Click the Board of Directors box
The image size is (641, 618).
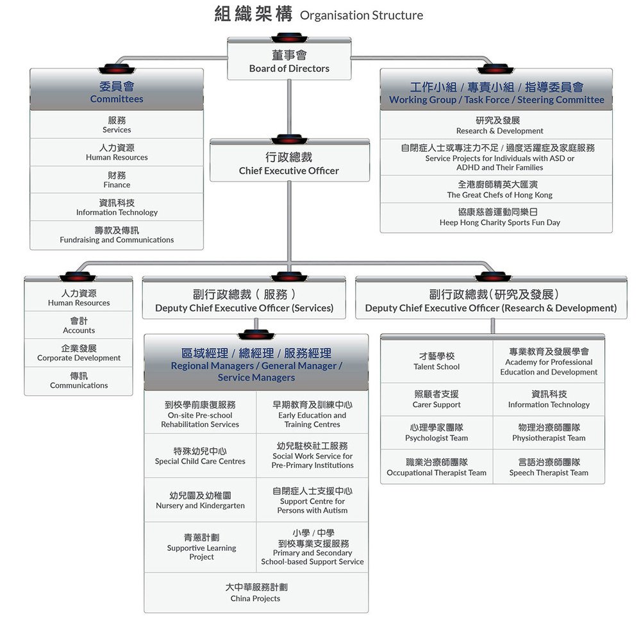click(x=289, y=62)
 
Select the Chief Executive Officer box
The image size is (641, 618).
click(x=289, y=163)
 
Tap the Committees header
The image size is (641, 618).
click(x=117, y=92)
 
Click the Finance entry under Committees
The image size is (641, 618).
click(x=117, y=180)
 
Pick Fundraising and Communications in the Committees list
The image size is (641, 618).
click(x=117, y=235)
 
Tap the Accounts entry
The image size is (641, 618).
click(x=79, y=325)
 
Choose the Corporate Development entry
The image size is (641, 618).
click(x=79, y=353)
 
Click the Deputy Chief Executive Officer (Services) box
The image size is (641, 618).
click(x=244, y=301)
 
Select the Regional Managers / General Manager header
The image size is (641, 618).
click(x=256, y=365)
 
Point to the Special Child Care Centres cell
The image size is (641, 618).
click(x=200, y=456)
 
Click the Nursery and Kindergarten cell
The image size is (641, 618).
click(x=200, y=500)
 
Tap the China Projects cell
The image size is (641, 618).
click(x=256, y=592)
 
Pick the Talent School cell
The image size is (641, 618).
click(x=437, y=361)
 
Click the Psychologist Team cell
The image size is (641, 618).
click(x=437, y=433)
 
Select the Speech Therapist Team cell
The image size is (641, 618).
click(x=549, y=467)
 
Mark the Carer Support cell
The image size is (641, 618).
click(x=437, y=399)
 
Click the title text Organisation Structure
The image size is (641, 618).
click(x=362, y=15)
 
